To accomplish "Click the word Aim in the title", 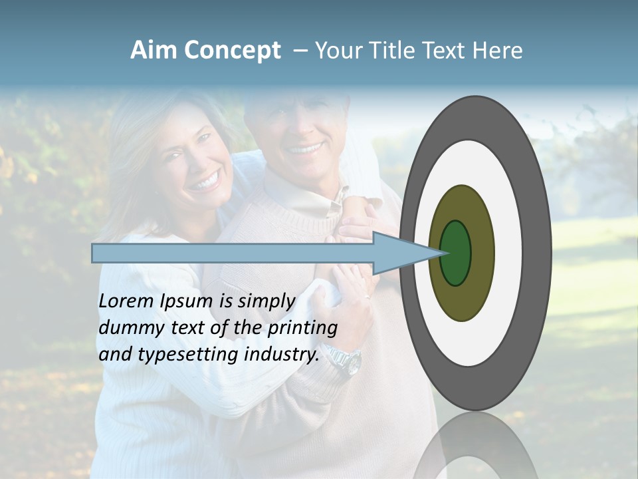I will coord(154,51).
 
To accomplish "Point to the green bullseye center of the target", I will coord(456,253).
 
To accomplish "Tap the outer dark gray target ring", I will coord(537,253).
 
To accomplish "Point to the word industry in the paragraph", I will coord(281,355).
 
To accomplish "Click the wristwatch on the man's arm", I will coord(347,361).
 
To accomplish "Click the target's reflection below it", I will coord(475,446).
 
